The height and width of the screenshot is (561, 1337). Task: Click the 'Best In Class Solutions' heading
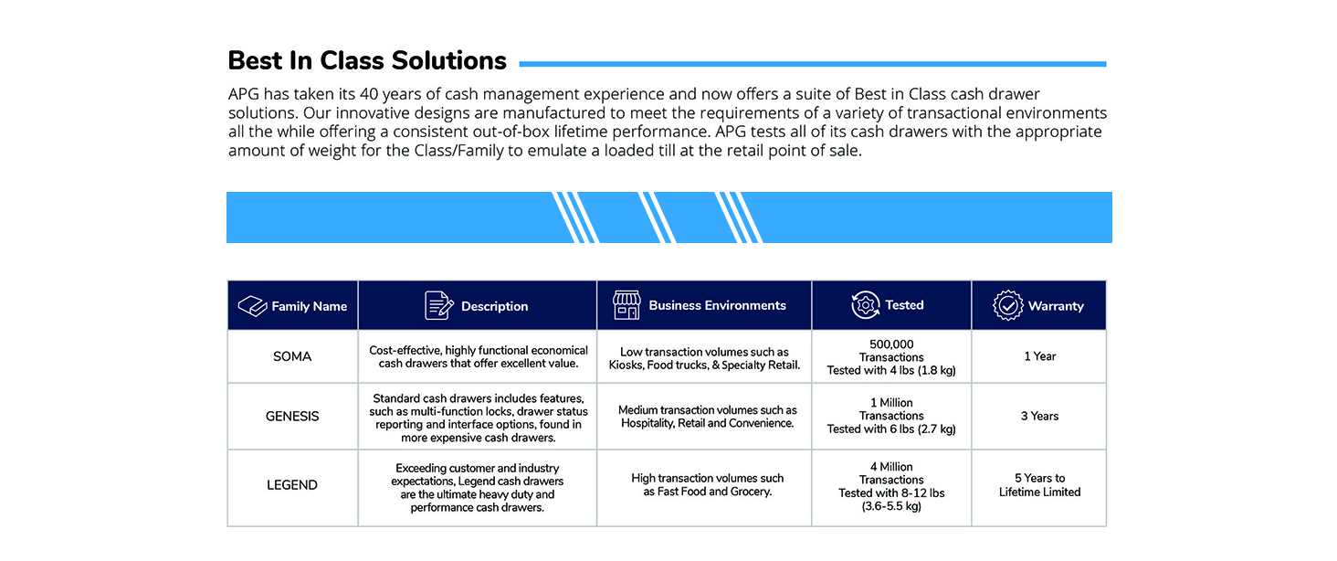367,60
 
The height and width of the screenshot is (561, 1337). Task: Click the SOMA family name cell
292,356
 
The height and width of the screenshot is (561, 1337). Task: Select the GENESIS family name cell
292,417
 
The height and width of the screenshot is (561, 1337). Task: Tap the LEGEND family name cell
292,485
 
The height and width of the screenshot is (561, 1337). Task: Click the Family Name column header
292,306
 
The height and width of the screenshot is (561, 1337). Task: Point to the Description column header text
495,306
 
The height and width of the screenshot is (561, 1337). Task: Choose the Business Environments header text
718,305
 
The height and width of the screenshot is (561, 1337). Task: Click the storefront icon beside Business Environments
626,304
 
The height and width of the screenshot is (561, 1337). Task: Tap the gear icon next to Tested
866,304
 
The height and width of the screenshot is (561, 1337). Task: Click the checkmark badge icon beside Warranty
1008,305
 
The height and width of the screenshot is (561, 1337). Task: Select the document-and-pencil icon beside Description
438,305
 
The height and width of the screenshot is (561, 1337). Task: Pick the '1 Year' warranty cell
1040,356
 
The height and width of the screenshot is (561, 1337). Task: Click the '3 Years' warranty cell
1040,417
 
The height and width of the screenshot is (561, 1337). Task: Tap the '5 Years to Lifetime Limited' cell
1040,485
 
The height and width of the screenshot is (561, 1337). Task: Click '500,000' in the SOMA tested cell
891,344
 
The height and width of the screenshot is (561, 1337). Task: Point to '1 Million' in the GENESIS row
891,403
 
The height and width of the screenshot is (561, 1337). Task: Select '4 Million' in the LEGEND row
891,467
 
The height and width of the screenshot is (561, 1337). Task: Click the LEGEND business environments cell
704,485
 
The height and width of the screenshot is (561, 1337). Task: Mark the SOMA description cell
478,356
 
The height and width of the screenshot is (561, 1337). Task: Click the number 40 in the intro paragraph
368,94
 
